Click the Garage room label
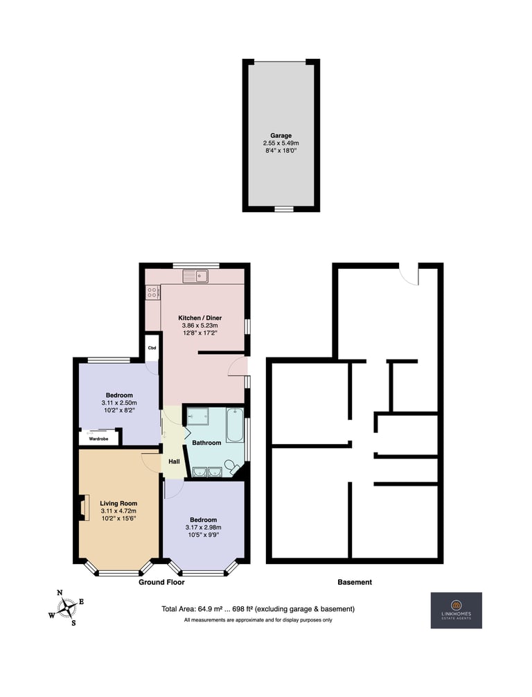[281, 136]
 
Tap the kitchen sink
[195, 276]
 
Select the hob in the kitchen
[152, 292]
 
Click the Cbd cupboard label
[152, 348]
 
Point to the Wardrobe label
[98, 439]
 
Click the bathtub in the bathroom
[235, 425]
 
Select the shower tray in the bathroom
[197, 417]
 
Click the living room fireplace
[83, 506]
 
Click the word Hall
[175, 461]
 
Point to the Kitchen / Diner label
[200, 318]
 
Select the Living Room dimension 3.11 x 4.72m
[118, 511]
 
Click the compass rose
[66, 607]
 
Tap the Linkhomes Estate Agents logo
[456, 610]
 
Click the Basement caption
[355, 582]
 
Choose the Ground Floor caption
[161, 582]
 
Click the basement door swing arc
[405, 278]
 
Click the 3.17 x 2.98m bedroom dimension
[204, 527]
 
